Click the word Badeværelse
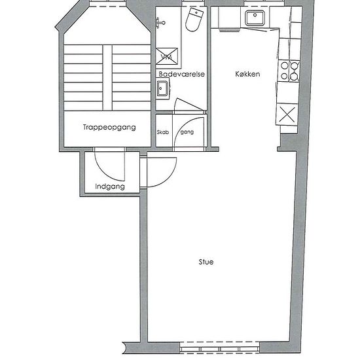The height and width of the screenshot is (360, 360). point(181,74)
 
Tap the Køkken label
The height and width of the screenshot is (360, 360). point(247,74)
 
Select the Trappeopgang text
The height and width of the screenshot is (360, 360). point(109,128)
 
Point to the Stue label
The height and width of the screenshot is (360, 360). point(206,262)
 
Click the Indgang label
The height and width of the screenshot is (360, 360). point(110,187)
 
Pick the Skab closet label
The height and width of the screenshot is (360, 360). point(163,132)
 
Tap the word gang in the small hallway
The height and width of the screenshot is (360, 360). point(187,132)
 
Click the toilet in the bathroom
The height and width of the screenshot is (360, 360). point(194,19)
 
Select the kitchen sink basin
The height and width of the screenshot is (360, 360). point(255,18)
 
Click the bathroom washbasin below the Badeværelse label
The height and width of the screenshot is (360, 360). point(163,88)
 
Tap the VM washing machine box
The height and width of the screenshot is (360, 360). point(167,56)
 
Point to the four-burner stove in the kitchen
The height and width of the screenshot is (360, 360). point(289,71)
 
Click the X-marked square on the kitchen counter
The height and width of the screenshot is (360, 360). point(287,115)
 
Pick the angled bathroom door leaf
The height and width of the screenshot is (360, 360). point(189,104)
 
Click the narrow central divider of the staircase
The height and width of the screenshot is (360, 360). point(107,78)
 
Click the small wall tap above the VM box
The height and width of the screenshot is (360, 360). point(160,22)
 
